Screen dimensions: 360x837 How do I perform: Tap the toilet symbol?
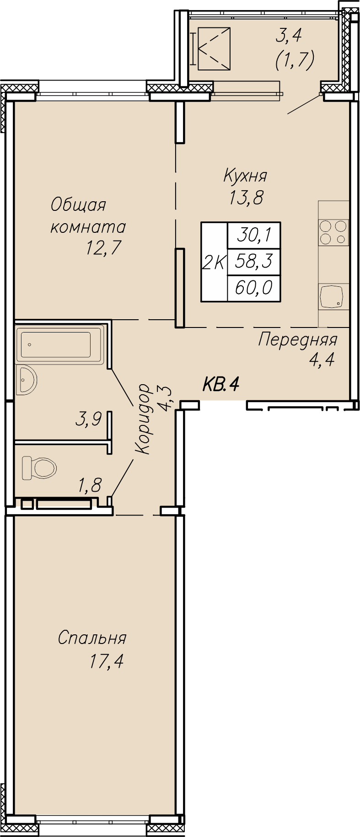coord(39,467)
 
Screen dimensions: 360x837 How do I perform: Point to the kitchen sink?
coord(333,296)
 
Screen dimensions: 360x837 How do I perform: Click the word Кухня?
coord(245,175)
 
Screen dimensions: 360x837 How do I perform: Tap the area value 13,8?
coord(247,198)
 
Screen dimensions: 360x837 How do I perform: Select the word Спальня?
coord(92,638)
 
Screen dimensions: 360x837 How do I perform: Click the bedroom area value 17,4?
coord(107,661)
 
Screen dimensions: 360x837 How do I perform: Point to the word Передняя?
coord(298,340)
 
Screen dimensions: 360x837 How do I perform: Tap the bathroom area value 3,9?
coord(88,419)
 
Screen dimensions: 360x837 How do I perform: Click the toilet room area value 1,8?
coord(90,485)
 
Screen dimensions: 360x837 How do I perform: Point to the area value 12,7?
coord(103,248)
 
